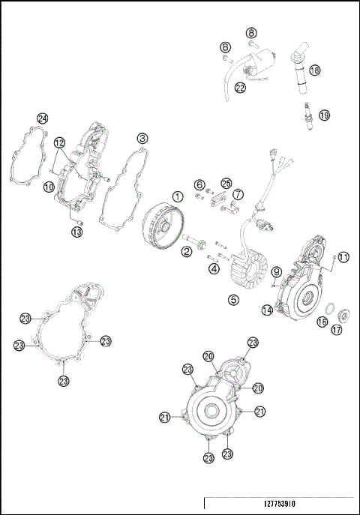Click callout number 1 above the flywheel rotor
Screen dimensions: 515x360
point(178,196)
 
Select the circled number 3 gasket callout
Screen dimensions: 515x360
point(142,139)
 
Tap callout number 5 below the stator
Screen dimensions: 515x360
point(233,298)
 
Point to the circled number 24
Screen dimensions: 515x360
point(43,118)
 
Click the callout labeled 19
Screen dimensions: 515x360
point(324,115)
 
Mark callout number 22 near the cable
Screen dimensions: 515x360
point(240,88)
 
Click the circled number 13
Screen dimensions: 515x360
point(77,232)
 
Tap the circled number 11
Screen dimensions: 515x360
point(343,257)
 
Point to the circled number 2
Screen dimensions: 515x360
point(184,252)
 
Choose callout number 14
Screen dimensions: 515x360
point(266,310)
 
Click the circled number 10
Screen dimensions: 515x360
point(48,187)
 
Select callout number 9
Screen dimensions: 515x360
point(277,271)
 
